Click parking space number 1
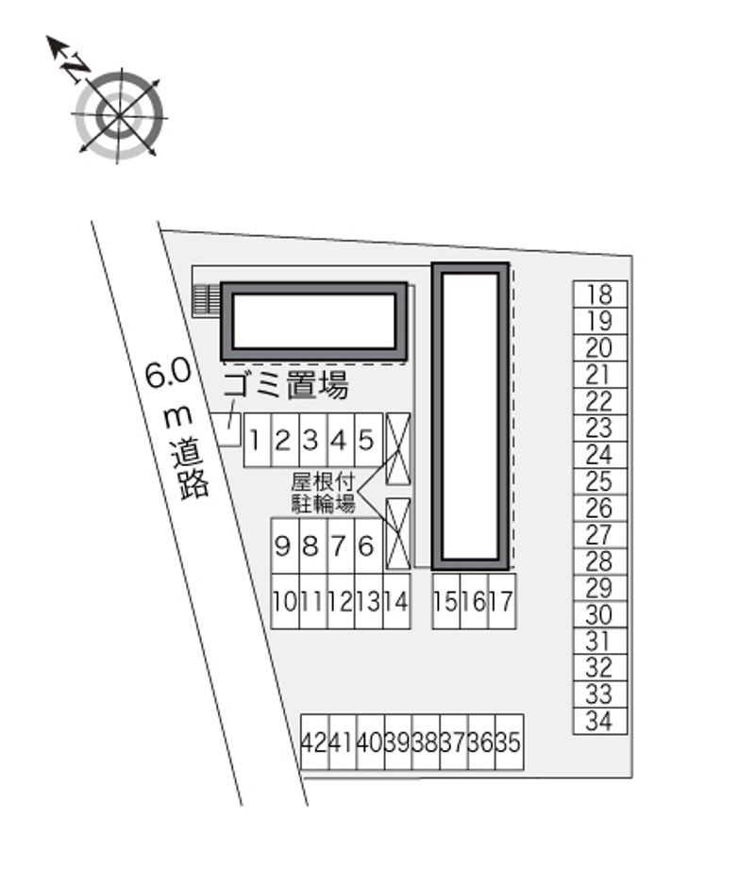[x=258, y=440]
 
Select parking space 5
[x=368, y=440]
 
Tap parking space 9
[x=285, y=546]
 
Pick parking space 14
[x=396, y=601]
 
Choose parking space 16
[x=475, y=601]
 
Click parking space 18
[x=600, y=294]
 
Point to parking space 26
[x=600, y=508]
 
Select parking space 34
[x=600, y=721]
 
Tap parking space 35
[x=510, y=743]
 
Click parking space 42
[x=314, y=743]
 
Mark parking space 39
[x=398, y=743]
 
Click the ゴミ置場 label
[x=286, y=386]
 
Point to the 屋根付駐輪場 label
[x=323, y=493]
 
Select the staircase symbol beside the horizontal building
[x=207, y=300]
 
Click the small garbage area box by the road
[x=226, y=430]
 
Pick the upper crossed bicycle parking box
[x=398, y=448]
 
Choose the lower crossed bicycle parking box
[x=398, y=533]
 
